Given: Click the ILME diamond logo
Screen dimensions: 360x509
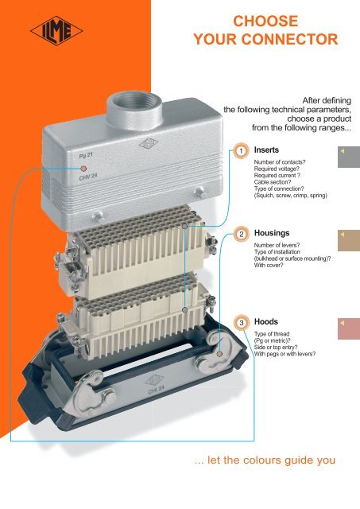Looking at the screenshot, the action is pos(56,31).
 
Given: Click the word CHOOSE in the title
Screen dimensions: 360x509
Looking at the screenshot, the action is pos(265,21).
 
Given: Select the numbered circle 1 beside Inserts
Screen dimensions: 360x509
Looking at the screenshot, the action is pos(241,151).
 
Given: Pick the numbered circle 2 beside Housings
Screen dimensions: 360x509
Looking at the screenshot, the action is pos(242,234).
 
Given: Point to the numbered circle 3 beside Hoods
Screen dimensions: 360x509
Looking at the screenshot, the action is pos(242,323).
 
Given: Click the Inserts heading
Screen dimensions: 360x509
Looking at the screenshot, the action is pos(266,150).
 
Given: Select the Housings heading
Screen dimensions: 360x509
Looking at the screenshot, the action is pos(272,233).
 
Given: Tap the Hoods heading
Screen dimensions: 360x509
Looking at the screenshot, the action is pos(266,321).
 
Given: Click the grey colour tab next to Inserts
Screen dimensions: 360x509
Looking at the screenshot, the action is pos(349,157).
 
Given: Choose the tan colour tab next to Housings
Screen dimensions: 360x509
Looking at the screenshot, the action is pos(349,240).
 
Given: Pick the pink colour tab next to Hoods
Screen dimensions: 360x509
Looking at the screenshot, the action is pos(349,328).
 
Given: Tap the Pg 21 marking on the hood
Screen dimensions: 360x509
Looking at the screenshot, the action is pos(86,155).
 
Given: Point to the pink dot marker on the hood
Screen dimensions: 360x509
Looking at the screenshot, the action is pos(83,169).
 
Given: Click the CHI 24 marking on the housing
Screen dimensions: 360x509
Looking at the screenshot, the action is pos(156,390).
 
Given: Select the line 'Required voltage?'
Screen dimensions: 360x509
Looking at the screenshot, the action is pos(277,169).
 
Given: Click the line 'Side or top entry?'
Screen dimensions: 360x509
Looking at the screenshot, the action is pos(276,347).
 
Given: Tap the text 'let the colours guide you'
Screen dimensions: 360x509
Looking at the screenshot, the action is pos(271,460).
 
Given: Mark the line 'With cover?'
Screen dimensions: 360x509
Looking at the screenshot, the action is pos(269,265).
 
